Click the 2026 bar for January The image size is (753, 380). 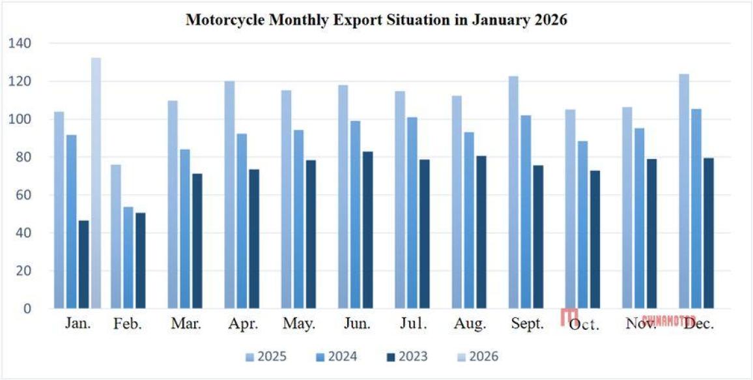[96, 183]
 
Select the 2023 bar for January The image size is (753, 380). [83, 264]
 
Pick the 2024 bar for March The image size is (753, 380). [185, 229]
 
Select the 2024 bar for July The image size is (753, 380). [412, 212]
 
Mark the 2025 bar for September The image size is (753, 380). [514, 192]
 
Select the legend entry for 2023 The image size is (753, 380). [406, 357]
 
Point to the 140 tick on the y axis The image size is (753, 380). [20, 44]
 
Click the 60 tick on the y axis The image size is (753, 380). [23, 195]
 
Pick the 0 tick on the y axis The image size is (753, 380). [27, 308]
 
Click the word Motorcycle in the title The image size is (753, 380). [223, 20]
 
